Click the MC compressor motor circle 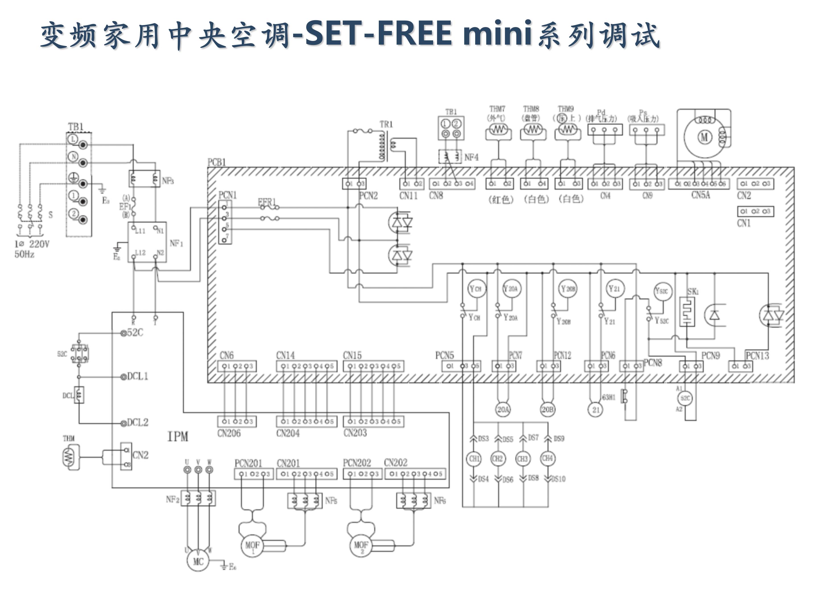pos(198,561)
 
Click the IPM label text pos(178,437)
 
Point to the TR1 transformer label pos(386,124)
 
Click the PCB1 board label pos(217,162)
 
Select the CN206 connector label pos(229,433)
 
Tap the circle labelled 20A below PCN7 pos(503,409)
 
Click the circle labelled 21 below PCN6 pos(596,409)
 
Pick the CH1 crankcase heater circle pos(474,459)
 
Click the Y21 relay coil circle pos(614,288)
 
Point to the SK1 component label pos(693,292)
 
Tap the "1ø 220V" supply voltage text pos(32,244)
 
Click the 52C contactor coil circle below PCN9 pos(685,398)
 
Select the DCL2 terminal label pos(137,423)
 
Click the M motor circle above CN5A pos(704,137)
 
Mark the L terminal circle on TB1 pos(73,139)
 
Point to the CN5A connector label pos(700,195)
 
